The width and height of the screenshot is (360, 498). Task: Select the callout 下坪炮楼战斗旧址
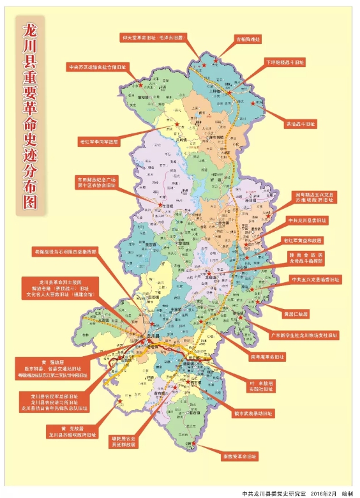tap(285, 63)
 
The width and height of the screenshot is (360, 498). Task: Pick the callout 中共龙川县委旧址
tap(306, 221)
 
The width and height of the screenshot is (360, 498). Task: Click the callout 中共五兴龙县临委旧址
tap(316, 280)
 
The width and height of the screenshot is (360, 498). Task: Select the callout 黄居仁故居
tap(296, 314)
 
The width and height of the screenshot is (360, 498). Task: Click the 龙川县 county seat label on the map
tap(151, 335)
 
